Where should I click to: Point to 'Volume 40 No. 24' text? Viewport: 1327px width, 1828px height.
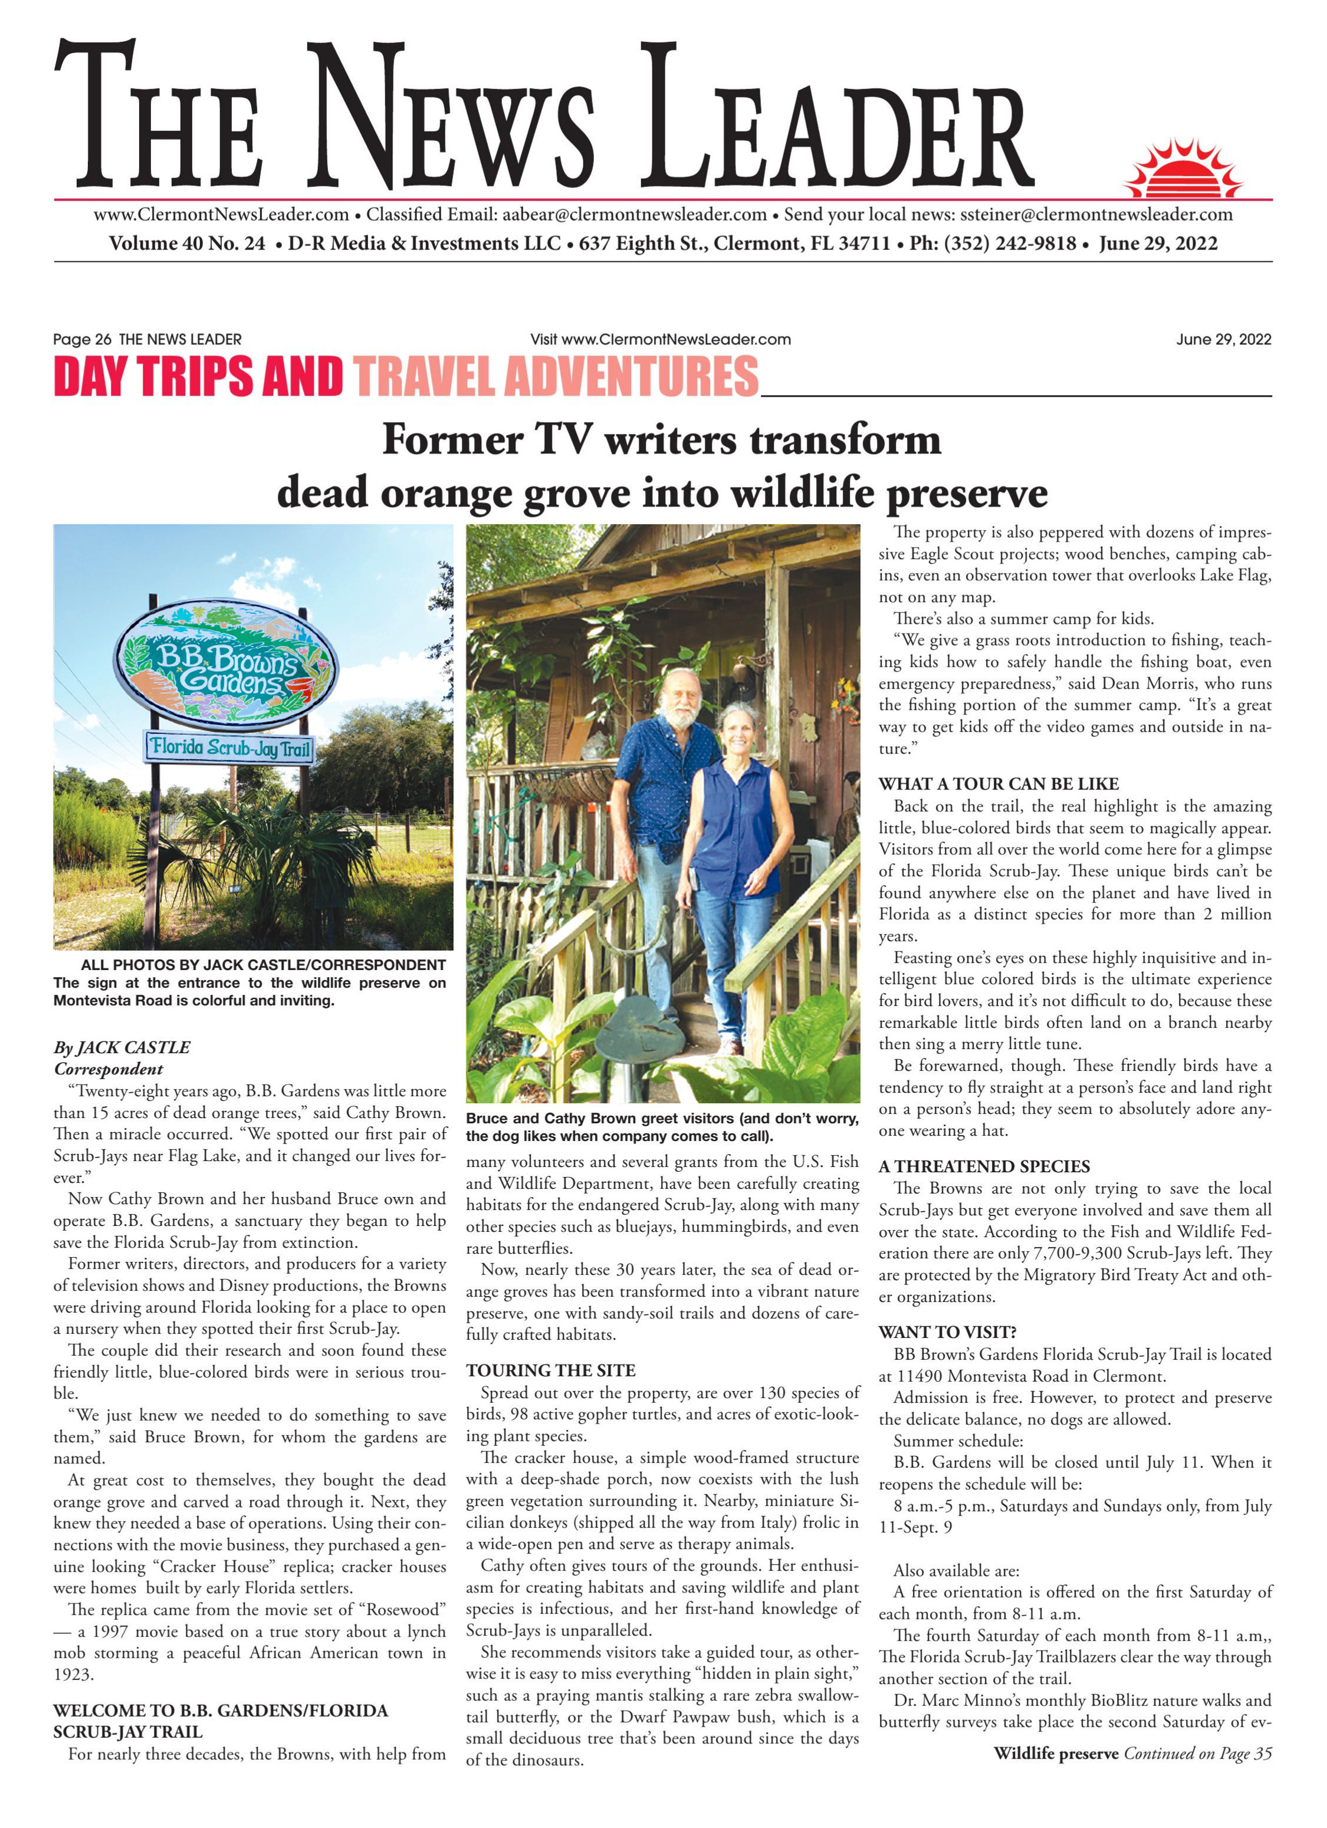[x=186, y=244]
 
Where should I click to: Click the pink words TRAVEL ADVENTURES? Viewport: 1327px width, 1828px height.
[x=556, y=377]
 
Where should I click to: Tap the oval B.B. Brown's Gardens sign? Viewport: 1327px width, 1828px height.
[x=226, y=664]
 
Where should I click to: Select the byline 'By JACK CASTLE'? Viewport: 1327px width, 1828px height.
[x=121, y=1047]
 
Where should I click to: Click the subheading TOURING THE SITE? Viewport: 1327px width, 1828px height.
[x=551, y=1370]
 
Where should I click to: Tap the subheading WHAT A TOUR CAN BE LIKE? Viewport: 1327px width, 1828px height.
[x=998, y=784]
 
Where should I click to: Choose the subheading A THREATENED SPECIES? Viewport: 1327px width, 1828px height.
[x=984, y=1166]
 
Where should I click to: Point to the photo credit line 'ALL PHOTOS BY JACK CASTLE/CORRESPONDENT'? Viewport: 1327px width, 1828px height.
[x=263, y=965]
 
